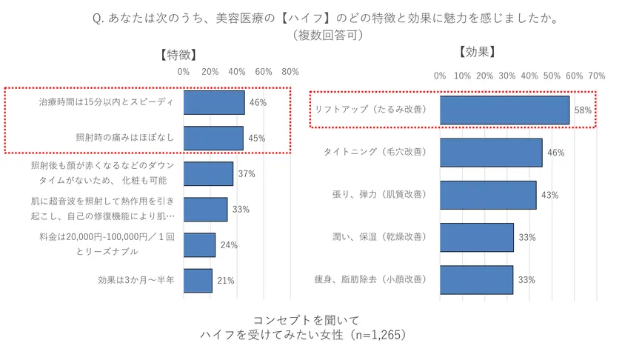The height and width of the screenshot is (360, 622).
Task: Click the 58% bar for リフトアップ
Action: point(504,110)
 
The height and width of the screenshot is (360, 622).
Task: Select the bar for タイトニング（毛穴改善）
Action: point(491,153)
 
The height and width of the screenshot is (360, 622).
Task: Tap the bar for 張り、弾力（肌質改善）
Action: point(488,195)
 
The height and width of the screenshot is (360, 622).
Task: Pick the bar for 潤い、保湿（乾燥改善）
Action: point(477,238)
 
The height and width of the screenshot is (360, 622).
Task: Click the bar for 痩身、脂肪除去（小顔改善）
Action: point(477,280)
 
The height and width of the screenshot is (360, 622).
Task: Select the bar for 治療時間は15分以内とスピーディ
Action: point(214,102)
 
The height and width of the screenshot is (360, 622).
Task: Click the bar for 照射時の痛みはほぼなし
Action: point(213,138)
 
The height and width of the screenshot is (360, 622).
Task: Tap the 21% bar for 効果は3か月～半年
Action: point(198,281)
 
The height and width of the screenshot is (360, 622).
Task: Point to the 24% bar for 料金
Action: point(200,245)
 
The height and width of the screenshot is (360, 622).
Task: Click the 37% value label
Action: point(247,174)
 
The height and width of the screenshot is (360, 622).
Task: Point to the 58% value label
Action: point(583,110)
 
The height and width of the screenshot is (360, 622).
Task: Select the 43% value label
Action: point(549,196)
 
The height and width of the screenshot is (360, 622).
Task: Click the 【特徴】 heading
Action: point(178,54)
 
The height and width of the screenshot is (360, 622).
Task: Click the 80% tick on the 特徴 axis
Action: point(290,72)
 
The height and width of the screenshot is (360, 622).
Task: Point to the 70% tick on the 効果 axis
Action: point(596,76)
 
